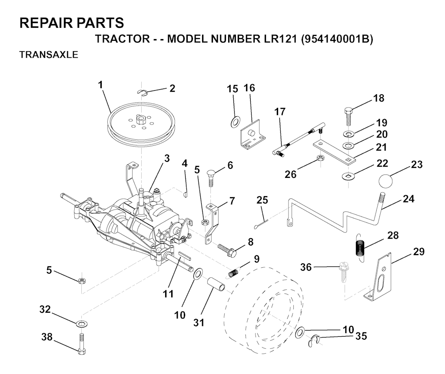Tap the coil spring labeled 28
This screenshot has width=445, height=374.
tap(360, 247)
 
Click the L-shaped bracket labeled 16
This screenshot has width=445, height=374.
tap(252, 134)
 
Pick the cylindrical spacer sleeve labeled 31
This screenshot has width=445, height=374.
tap(217, 285)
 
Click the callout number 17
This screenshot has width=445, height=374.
tap(279, 112)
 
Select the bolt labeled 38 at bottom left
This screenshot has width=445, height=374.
tap(81, 344)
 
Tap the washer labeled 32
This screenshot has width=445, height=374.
tap(82, 323)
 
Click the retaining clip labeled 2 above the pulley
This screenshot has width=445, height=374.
tap(142, 92)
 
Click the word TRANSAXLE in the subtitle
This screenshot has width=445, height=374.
tap(49, 55)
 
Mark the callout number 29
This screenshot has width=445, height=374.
tap(418, 251)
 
